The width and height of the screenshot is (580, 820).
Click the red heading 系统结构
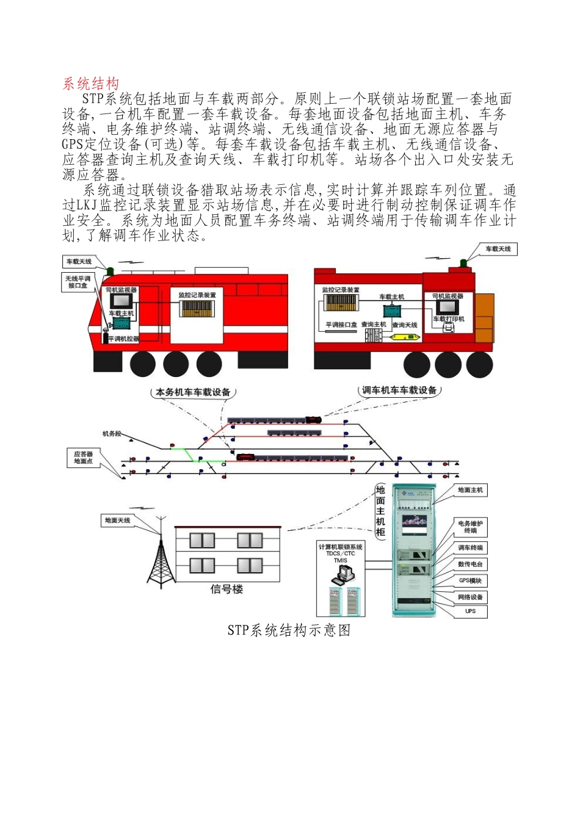coord(91,84)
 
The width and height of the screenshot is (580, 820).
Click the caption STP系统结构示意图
coord(289,630)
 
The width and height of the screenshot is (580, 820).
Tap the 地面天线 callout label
coord(117,520)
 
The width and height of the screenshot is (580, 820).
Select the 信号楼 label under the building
coord(227,589)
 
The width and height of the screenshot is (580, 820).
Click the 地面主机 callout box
coord(470,490)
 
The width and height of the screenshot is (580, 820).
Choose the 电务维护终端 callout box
coord(470,527)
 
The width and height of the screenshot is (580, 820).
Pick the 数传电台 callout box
coord(470,564)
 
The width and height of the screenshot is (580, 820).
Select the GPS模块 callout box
coord(470,581)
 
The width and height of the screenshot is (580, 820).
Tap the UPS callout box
coord(470,611)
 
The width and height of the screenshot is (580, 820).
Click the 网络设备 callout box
coord(470,597)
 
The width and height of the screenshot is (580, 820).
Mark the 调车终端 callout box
coord(470,548)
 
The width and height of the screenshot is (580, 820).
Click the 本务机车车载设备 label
coord(193,392)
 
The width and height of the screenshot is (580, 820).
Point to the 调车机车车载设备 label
coord(399,390)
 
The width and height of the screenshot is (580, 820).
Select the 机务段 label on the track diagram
coord(112,434)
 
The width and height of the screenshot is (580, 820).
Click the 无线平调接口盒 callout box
coord(78,282)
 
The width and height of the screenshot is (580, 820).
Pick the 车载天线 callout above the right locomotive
coord(498,249)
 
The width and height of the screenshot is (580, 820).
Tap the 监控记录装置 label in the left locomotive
coord(197,295)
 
